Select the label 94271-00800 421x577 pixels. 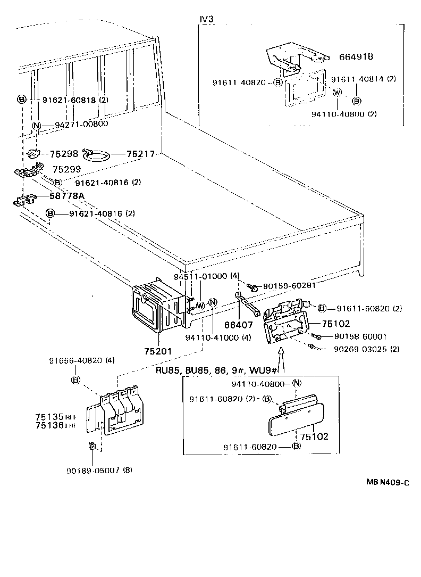[x=81, y=124]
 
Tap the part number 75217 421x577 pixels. [x=140, y=154]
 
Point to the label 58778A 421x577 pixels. [x=66, y=196]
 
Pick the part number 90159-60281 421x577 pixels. [x=288, y=285]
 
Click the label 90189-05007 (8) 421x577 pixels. [x=99, y=471]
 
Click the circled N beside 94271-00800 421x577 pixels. [x=37, y=126]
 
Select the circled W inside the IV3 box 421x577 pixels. [x=337, y=92]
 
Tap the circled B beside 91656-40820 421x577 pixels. [x=75, y=380]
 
